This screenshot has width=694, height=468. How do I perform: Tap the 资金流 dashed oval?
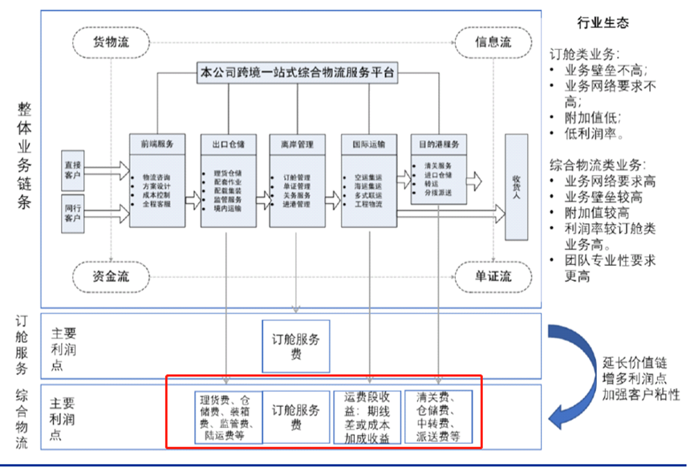pos(111,277)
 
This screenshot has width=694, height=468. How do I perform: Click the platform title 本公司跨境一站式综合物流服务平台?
pos(297,73)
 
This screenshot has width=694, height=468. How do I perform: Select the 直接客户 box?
pos(73,169)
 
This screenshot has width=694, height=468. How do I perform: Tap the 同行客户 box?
pos(73,213)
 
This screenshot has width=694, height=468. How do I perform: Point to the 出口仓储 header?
pos(228,144)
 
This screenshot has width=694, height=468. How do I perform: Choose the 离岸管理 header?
pos(298,144)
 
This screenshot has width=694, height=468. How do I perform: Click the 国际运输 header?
pos(368,144)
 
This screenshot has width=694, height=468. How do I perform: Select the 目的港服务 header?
pos(438,144)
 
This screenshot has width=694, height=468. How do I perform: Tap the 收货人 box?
pos(517,186)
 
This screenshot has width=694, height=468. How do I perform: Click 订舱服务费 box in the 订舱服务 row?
pos(296,345)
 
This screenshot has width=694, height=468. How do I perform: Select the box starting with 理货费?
pos(228,417)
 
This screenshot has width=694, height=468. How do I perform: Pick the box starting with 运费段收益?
pos(367,417)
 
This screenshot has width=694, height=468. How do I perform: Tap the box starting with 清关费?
pos(438,417)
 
